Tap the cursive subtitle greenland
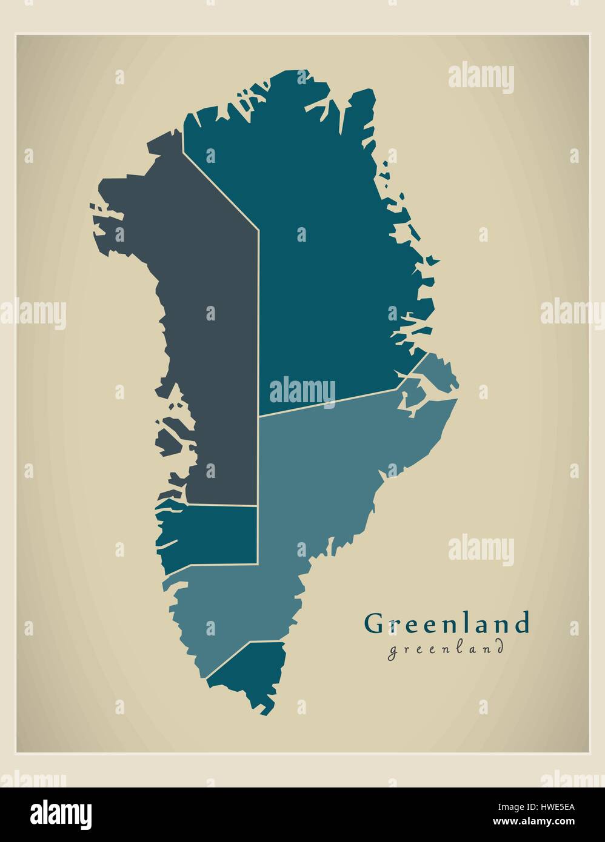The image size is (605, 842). point(446,649)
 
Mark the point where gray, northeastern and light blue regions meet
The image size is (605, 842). point(259,416)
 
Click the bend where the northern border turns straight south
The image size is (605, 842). point(259,230)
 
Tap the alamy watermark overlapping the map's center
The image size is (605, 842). point(302,391)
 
